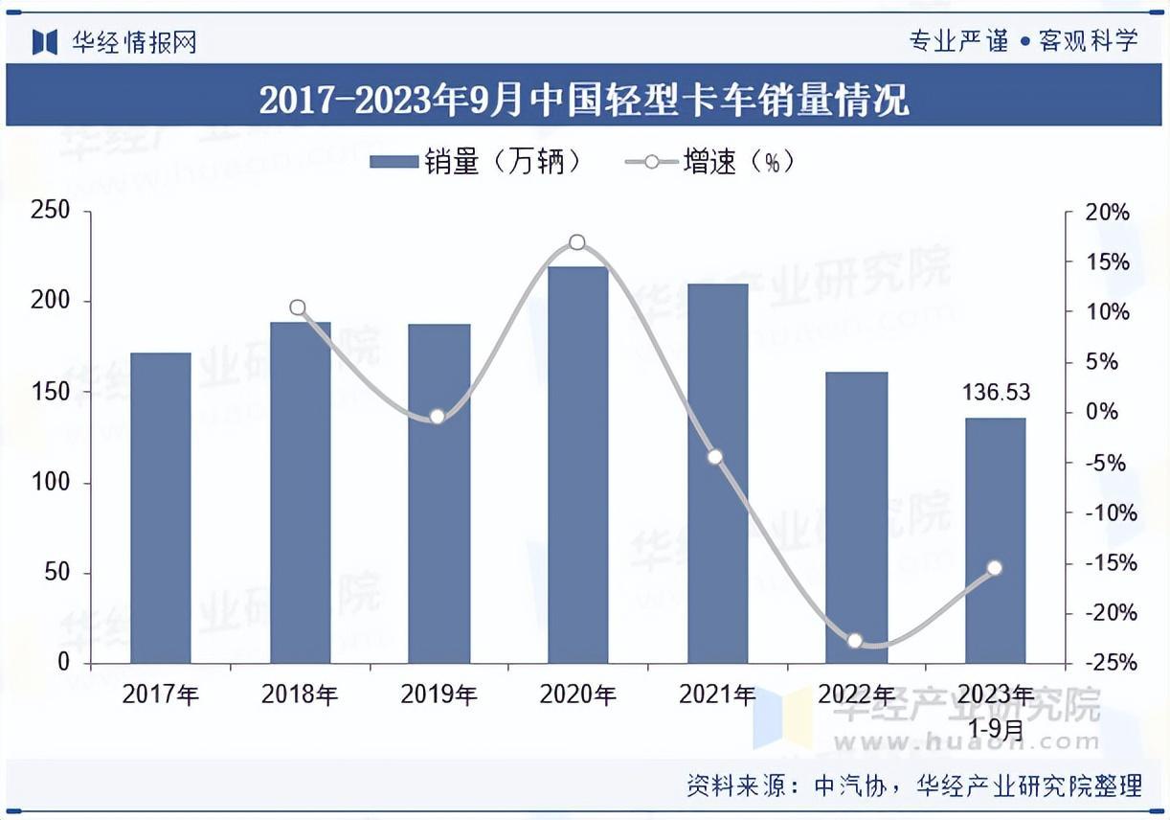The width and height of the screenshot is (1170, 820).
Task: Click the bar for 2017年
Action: click(x=161, y=508)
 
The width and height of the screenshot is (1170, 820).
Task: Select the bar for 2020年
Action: click(x=577, y=465)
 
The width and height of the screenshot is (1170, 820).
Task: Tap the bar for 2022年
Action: click(x=856, y=517)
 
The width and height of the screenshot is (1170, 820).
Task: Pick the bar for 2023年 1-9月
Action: click(x=995, y=540)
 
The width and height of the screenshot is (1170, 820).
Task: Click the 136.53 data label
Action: click(x=996, y=393)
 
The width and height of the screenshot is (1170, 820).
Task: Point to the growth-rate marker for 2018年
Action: click(x=298, y=307)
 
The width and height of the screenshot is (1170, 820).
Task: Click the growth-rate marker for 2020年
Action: click(x=577, y=242)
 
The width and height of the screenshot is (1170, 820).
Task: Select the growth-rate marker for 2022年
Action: click(x=855, y=641)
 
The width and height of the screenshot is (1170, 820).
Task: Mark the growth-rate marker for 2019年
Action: click(x=438, y=417)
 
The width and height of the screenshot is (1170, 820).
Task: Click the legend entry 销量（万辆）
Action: click(x=476, y=162)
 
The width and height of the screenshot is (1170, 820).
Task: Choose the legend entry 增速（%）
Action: click(x=709, y=162)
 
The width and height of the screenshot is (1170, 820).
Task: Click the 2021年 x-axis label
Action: click(x=717, y=695)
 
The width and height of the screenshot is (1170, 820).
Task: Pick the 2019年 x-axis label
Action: click(x=439, y=695)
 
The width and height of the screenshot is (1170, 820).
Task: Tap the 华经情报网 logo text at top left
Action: click(x=134, y=42)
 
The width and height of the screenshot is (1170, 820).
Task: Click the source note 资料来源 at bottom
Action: click(x=914, y=786)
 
